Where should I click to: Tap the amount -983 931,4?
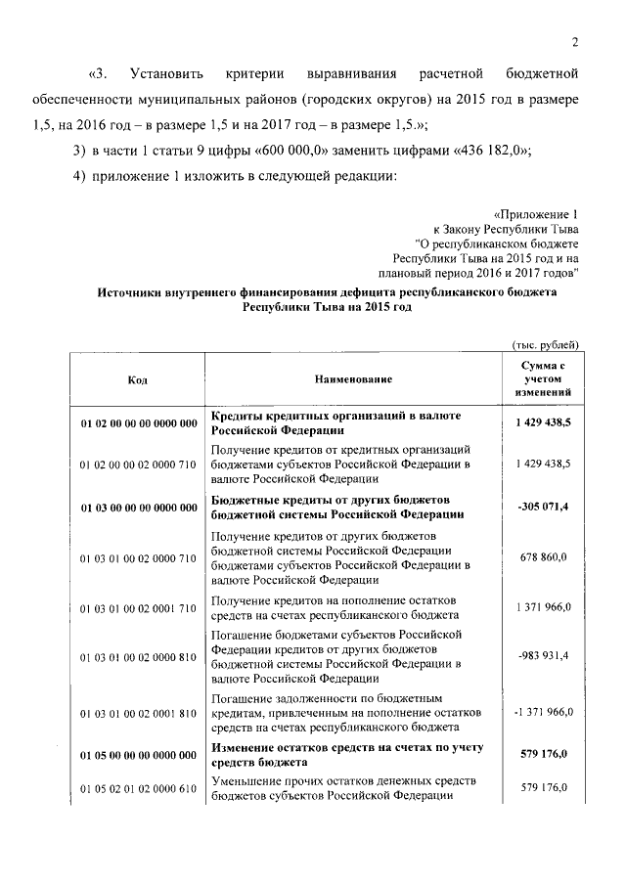545,655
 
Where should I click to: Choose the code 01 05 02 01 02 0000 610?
138,787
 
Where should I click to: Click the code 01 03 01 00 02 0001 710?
138,607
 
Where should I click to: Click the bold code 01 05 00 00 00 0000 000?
138,755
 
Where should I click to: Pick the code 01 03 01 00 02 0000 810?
138,655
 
